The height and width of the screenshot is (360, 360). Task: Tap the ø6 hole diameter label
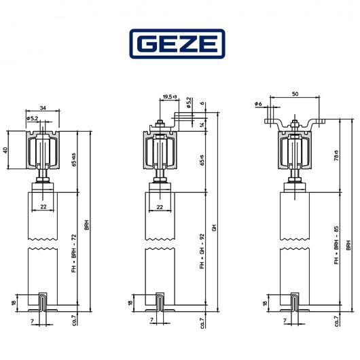[x=258, y=103]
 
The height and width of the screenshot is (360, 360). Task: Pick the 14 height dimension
[x=204, y=126]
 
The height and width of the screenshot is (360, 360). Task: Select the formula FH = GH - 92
[x=202, y=253]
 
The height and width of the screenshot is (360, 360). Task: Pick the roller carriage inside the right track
[x=295, y=149]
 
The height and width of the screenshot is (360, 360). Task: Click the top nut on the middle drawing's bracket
[x=159, y=123]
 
